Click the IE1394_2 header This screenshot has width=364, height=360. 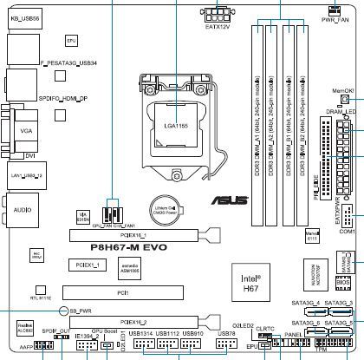click(x=88, y=346)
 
